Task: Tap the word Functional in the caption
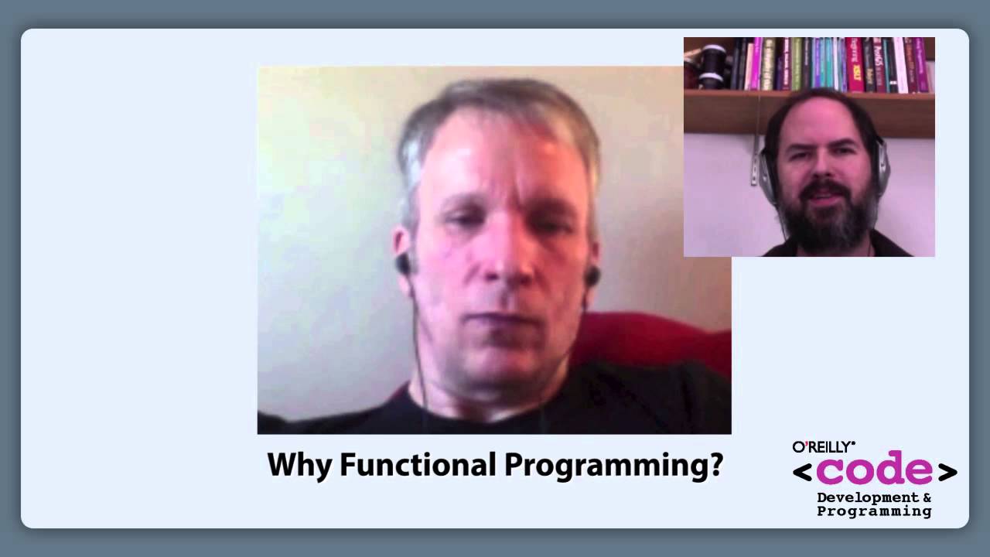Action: (x=418, y=466)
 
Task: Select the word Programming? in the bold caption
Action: (x=613, y=466)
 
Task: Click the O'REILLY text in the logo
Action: (x=823, y=446)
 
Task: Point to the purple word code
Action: (x=874, y=470)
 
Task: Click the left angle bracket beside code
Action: (x=802, y=472)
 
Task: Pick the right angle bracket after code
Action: (x=947, y=472)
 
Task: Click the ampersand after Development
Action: (x=926, y=497)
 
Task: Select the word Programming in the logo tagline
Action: (x=874, y=511)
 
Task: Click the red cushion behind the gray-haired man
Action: (x=657, y=340)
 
